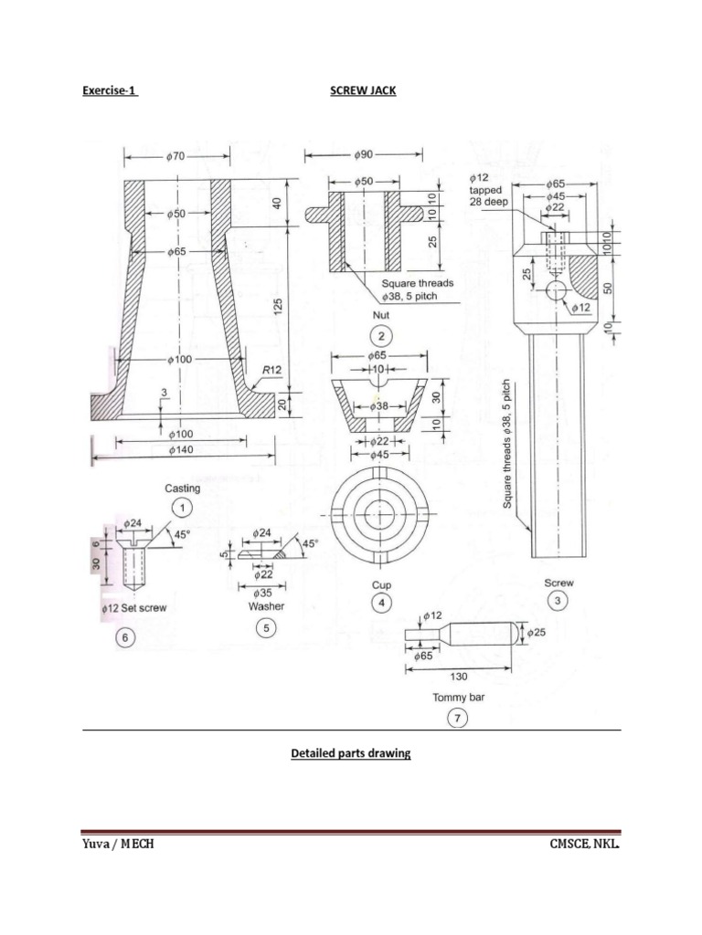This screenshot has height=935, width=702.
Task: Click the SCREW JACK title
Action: tap(363, 91)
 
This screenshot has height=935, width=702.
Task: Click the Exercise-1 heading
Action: tap(110, 91)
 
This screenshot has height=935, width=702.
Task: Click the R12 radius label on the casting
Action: tap(271, 370)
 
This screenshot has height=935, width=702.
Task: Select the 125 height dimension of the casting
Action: tap(281, 304)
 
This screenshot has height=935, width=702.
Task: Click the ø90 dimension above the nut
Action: tap(365, 155)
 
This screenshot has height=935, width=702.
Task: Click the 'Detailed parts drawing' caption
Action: tap(350, 754)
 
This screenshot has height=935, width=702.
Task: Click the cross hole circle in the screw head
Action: tap(556, 290)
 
